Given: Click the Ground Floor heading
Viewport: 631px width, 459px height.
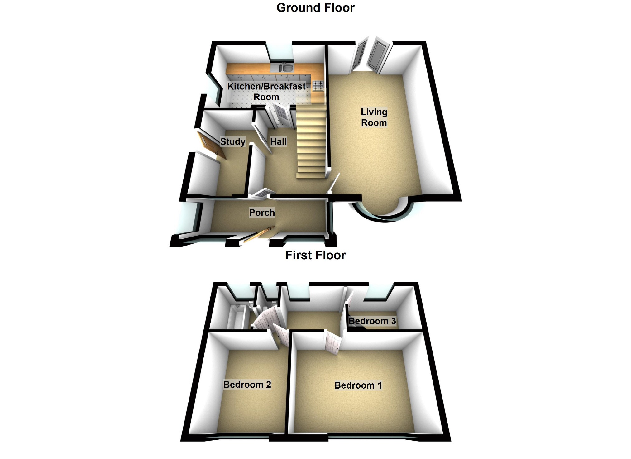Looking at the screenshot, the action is pyautogui.click(x=315, y=8).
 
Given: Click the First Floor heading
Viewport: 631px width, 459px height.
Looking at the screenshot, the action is pyautogui.click(x=315, y=255).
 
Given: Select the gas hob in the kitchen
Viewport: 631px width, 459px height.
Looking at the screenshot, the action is pyautogui.click(x=318, y=86).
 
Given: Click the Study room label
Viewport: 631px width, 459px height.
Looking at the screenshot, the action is pyautogui.click(x=233, y=142).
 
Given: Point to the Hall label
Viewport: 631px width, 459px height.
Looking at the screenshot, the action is pyautogui.click(x=278, y=142).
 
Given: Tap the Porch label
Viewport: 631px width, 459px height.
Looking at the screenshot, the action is pyautogui.click(x=262, y=213).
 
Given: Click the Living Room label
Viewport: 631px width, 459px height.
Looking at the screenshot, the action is pyautogui.click(x=374, y=117).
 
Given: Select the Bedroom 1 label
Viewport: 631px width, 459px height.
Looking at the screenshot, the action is pyautogui.click(x=358, y=385).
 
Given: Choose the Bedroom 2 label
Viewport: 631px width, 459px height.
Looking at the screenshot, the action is pyautogui.click(x=247, y=385).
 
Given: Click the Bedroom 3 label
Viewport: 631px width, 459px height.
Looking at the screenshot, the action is pyautogui.click(x=372, y=321).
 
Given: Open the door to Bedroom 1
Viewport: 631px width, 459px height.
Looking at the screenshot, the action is pyautogui.click(x=333, y=343).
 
